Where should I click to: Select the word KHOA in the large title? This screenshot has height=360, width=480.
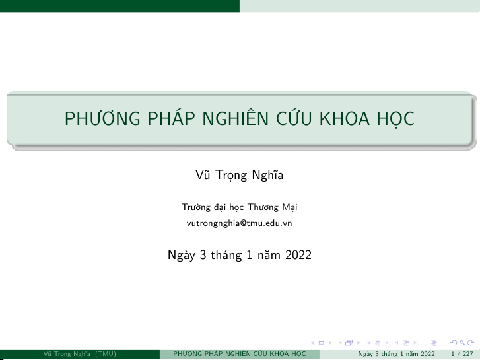point(345,118)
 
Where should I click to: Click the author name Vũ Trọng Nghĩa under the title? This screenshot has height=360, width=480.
point(240,175)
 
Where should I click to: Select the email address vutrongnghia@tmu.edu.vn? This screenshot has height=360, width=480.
point(240,223)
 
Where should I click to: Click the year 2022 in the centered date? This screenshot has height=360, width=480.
point(298,255)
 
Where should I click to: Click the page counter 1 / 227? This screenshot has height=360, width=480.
point(462,354)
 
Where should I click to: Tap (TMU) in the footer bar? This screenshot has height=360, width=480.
point(106,354)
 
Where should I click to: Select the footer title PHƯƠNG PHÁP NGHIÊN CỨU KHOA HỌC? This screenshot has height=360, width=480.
point(240,354)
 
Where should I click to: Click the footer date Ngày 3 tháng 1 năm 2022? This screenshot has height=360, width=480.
point(396,354)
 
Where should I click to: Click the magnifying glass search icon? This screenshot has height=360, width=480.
point(463,343)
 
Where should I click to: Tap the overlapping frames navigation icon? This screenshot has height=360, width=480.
point(349,343)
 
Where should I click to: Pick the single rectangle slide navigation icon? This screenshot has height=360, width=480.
point(321,343)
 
